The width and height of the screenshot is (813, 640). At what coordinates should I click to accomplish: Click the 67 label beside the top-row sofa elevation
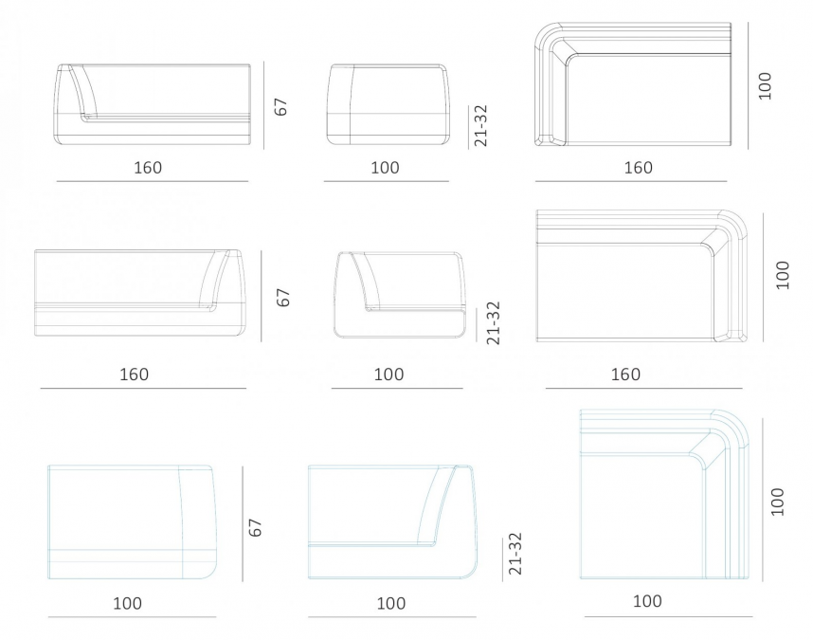click(x=280, y=106)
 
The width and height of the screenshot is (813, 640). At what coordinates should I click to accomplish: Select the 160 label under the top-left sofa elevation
click(x=148, y=168)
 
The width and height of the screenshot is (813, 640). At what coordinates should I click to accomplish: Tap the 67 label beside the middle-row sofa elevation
click(x=283, y=298)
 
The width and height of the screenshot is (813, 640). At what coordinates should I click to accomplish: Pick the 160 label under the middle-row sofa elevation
click(x=135, y=374)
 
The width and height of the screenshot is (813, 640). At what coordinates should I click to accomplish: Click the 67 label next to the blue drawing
click(x=256, y=527)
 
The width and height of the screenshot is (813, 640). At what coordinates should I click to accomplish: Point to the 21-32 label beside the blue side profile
click(x=515, y=554)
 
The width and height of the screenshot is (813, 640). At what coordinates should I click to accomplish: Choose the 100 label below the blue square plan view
click(x=647, y=601)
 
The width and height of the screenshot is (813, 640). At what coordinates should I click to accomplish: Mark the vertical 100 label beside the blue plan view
click(x=777, y=502)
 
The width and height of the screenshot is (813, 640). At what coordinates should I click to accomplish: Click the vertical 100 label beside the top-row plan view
click(x=765, y=85)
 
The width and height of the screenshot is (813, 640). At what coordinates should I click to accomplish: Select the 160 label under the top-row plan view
click(x=639, y=168)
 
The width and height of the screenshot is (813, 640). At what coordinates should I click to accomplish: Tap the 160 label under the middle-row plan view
click(x=625, y=374)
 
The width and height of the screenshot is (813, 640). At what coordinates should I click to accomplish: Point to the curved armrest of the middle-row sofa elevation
click(x=216, y=281)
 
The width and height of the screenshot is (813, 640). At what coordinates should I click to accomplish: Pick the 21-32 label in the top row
click(x=480, y=126)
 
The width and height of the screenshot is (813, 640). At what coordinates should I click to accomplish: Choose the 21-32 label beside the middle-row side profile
click(x=494, y=322)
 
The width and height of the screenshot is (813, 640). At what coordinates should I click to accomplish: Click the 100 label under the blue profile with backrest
click(x=391, y=603)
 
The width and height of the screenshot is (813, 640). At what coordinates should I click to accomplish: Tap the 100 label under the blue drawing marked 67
click(x=128, y=603)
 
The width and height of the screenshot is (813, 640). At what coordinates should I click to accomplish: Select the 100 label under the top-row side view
click(x=386, y=168)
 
